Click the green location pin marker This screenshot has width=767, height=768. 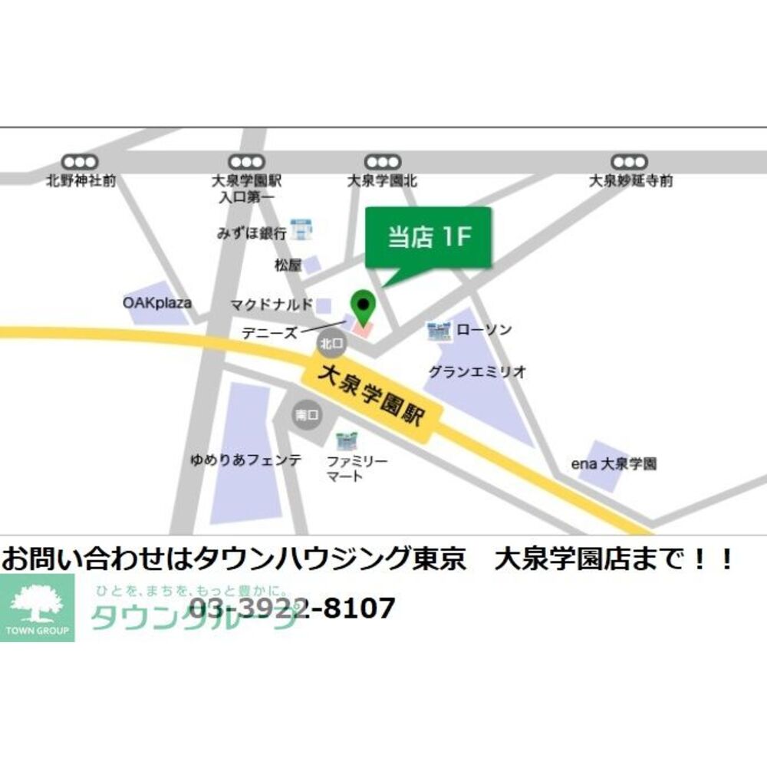click(x=363, y=307)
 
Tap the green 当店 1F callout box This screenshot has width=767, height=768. click(x=427, y=238)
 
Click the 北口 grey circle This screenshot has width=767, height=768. click(x=331, y=344)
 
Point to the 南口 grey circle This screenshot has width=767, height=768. click(x=307, y=415)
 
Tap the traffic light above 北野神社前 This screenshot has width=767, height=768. click(x=81, y=162)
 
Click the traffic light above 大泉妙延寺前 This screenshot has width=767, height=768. click(x=630, y=162)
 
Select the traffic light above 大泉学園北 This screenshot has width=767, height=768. click(x=382, y=162)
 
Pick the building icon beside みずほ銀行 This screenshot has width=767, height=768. click(x=301, y=229)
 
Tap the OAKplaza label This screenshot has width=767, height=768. click(x=157, y=303)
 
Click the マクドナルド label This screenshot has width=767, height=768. click(x=272, y=305)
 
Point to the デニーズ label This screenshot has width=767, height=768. click(x=268, y=334)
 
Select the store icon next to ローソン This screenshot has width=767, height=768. click(x=439, y=331)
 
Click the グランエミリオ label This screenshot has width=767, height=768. click(x=477, y=372)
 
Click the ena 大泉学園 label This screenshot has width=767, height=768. click(x=614, y=464)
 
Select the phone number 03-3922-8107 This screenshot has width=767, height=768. click(x=291, y=608)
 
